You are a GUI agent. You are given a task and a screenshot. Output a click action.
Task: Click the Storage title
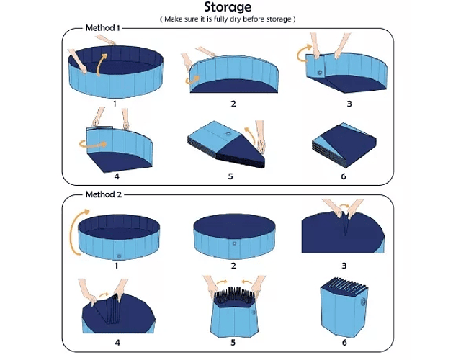point(228,7)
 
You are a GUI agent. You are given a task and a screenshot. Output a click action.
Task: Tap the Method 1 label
point(102,28)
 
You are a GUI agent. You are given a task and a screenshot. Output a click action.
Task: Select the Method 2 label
point(104,194)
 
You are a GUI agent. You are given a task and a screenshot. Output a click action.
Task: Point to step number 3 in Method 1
point(349,104)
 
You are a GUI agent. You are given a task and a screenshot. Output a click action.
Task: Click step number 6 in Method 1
point(344,176)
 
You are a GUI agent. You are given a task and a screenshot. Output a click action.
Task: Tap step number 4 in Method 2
point(117,343)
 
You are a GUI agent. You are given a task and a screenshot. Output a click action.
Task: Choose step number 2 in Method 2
point(233,266)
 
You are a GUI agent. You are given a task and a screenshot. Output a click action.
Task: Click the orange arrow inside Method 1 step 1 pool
point(101,64)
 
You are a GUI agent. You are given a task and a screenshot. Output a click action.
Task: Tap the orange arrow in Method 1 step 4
point(93,144)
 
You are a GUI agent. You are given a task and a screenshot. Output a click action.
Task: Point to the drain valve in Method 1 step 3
point(320,72)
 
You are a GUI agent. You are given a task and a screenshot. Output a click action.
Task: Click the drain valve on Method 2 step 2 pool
point(234,243)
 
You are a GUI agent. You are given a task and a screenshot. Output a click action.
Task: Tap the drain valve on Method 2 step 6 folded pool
point(363,302)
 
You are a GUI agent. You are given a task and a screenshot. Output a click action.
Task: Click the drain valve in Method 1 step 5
point(228,135)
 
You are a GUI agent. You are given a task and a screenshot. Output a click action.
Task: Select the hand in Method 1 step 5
point(261,137)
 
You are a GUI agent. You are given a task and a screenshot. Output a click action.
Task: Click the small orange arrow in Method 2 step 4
point(104,294)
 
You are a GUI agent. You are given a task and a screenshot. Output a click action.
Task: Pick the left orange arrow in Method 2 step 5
point(222,282)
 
